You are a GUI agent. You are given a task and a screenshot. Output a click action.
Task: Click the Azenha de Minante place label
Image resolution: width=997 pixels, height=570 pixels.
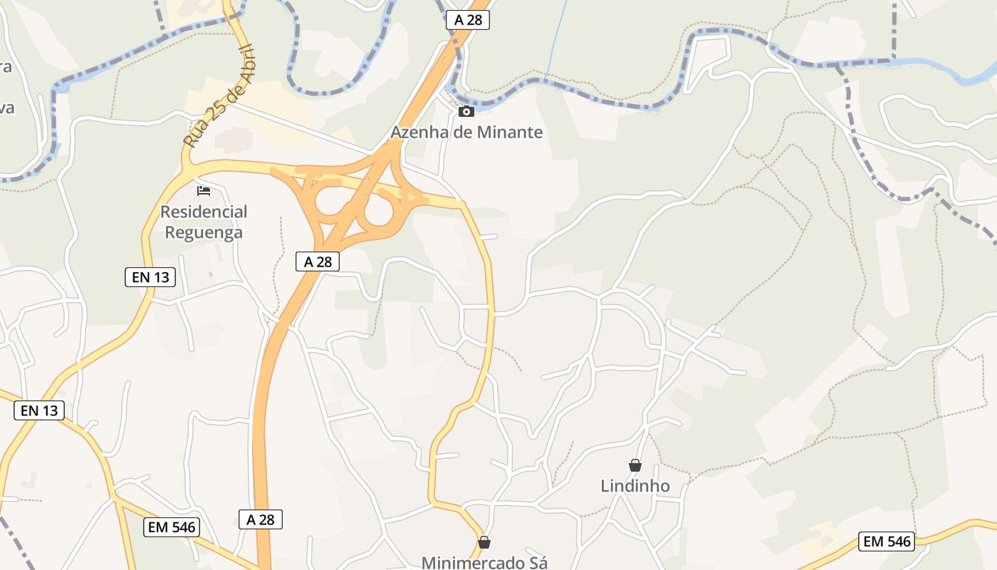pos(466,133)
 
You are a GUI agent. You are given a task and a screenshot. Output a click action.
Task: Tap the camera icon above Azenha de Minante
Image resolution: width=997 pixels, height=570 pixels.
pos(466,111)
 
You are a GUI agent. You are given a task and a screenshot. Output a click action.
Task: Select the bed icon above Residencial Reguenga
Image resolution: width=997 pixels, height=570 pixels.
pos(204,191)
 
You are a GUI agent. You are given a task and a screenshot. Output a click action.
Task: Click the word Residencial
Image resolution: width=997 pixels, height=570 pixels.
pos(204,212)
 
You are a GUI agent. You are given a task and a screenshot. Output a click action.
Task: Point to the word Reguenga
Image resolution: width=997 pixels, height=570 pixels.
pos(204,232)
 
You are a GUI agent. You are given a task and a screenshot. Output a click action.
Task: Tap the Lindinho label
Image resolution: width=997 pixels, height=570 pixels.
pos(635,486)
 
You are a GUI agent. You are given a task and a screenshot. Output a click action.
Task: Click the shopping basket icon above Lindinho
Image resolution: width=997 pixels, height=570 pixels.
pos(635,465)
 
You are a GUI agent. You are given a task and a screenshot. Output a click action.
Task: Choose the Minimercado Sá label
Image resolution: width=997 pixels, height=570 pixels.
pos(484,562)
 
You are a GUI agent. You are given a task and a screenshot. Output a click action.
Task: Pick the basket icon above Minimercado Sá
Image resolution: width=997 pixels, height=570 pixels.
pos(484,542)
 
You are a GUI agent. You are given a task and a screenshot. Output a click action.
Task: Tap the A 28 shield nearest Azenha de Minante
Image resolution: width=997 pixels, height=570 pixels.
pos(468,20)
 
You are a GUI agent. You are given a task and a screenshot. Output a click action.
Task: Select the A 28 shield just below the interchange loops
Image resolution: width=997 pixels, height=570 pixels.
pos(318,261)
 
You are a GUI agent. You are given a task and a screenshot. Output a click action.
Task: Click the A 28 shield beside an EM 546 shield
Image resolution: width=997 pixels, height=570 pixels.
pos(261,519)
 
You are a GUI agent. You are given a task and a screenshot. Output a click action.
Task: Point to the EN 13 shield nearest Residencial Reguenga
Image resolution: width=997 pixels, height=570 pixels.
pos(150,277)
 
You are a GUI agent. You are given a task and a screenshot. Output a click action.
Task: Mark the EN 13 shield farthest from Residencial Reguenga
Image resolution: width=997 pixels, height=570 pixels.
pos(39,410)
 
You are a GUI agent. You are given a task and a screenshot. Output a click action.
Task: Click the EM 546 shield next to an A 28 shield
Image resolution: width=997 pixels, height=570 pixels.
pos(172,527)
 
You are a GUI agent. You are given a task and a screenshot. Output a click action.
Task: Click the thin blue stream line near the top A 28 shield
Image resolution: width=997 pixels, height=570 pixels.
pos(555,43)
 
